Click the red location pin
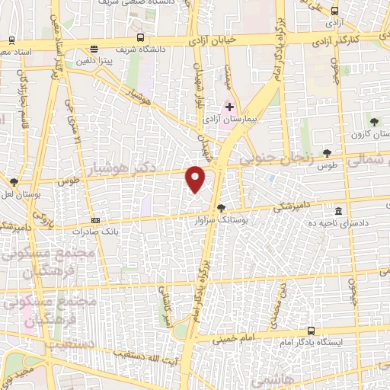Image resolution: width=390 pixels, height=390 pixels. tap(196, 178)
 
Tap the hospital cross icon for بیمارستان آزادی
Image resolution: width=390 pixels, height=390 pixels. tap(229, 107)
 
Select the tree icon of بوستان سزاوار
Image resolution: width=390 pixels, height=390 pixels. tap(221, 207)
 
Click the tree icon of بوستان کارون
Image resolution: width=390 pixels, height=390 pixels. tap(373, 120)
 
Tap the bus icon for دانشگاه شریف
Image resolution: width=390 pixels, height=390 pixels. tap(140, 37)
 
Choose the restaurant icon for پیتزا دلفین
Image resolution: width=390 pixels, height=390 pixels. tap(93, 47)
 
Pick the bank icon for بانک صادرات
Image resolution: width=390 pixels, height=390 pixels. tap(95, 219)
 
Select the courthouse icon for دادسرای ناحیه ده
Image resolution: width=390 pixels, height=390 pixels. tap(338, 211)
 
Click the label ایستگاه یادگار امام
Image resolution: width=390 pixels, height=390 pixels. tap(312, 342)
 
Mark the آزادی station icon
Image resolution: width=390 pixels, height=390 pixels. tap(334, 11)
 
